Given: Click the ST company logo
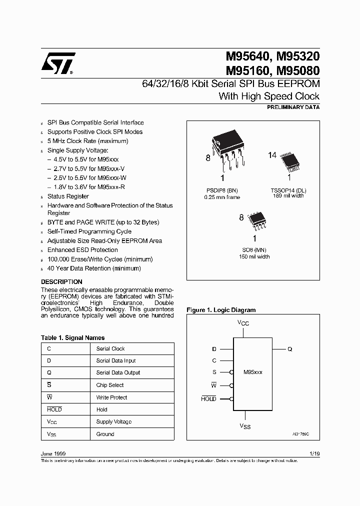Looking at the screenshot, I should pos(58,63).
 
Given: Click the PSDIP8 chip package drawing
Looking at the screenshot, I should pos(227,151).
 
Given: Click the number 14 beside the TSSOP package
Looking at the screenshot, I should pos(272,155).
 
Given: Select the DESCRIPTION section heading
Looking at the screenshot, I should pos(61,282).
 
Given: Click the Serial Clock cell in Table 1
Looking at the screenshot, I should pos(110,348).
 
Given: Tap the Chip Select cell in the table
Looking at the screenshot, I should pos(110,385).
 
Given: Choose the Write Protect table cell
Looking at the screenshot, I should pos(111,397).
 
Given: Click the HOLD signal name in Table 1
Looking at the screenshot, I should pos(54,409).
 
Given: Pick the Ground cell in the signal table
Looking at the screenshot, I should pos(105,434).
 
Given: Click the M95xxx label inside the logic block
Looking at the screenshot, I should pos(252,372).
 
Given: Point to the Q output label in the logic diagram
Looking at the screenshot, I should pos(289,349).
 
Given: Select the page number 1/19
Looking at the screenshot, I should pos(314,453).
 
